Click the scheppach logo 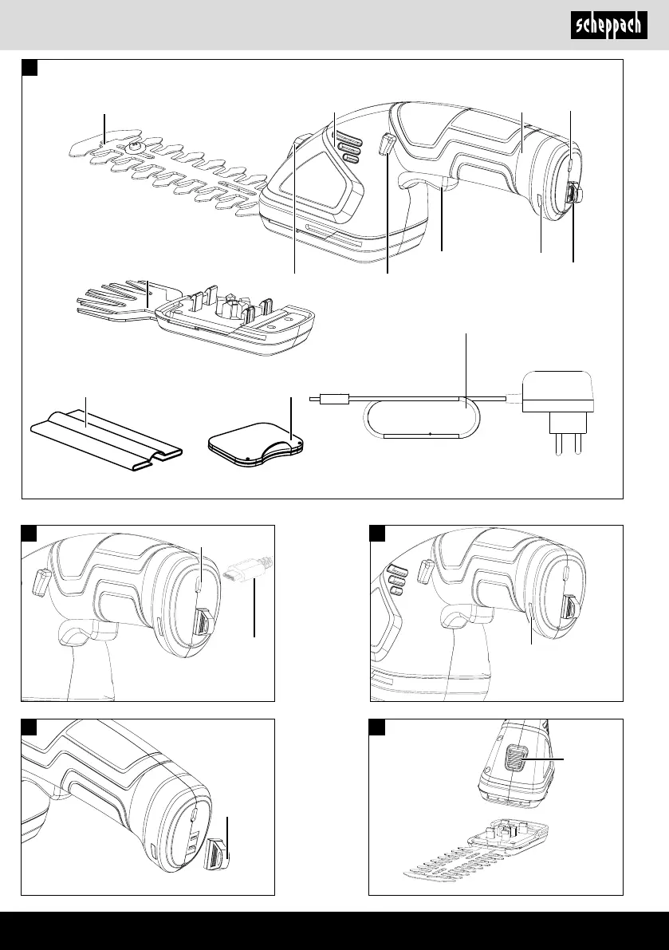[608, 26]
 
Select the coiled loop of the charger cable [421, 417]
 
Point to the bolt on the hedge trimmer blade [134, 145]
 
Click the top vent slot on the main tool [348, 136]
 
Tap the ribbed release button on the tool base [515, 757]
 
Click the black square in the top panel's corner [30, 67]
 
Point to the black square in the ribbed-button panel [377, 727]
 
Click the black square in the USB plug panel [29, 533]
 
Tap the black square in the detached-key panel [29, 727]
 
